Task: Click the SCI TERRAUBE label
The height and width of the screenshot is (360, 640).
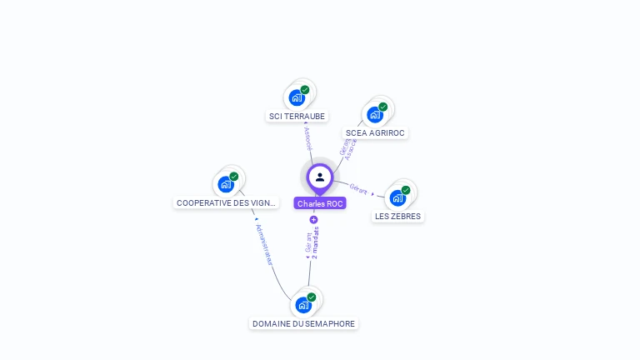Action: [297, 117]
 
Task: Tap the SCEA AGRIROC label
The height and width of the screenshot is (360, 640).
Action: [375, 133]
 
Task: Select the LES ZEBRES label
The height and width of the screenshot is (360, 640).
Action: [397, 217]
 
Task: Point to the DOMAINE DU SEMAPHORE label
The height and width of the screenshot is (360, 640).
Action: [303, 323]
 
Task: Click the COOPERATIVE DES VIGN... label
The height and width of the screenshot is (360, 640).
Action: [226, 202]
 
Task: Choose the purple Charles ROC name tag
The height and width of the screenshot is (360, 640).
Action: [320, 203]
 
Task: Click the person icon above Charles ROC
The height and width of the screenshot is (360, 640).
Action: [320, 177]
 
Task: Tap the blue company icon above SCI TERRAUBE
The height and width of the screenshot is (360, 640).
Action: [296, 97]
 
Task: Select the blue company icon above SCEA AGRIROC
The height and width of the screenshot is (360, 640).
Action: [374, 114]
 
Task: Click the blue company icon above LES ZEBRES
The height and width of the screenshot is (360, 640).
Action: [397, 197]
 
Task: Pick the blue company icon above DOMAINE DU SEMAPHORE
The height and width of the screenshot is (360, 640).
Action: [302, 305]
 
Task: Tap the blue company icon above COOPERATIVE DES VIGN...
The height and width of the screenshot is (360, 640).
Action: [225, 184]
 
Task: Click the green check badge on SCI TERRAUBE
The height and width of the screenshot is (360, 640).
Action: [305, 90]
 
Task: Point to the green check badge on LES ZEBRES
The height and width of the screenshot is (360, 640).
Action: [406, 190]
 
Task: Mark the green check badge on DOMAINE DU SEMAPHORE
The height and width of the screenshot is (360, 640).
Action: [312, 297]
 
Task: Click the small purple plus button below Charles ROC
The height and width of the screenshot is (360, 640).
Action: [313, 220]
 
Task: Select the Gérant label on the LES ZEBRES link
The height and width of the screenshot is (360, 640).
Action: [358, 189]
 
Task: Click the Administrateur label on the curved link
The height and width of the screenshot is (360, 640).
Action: [264, 244]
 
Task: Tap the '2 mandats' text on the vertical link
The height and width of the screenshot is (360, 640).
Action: [316, 242]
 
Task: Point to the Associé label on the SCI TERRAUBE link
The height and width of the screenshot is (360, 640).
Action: [308, 137]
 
